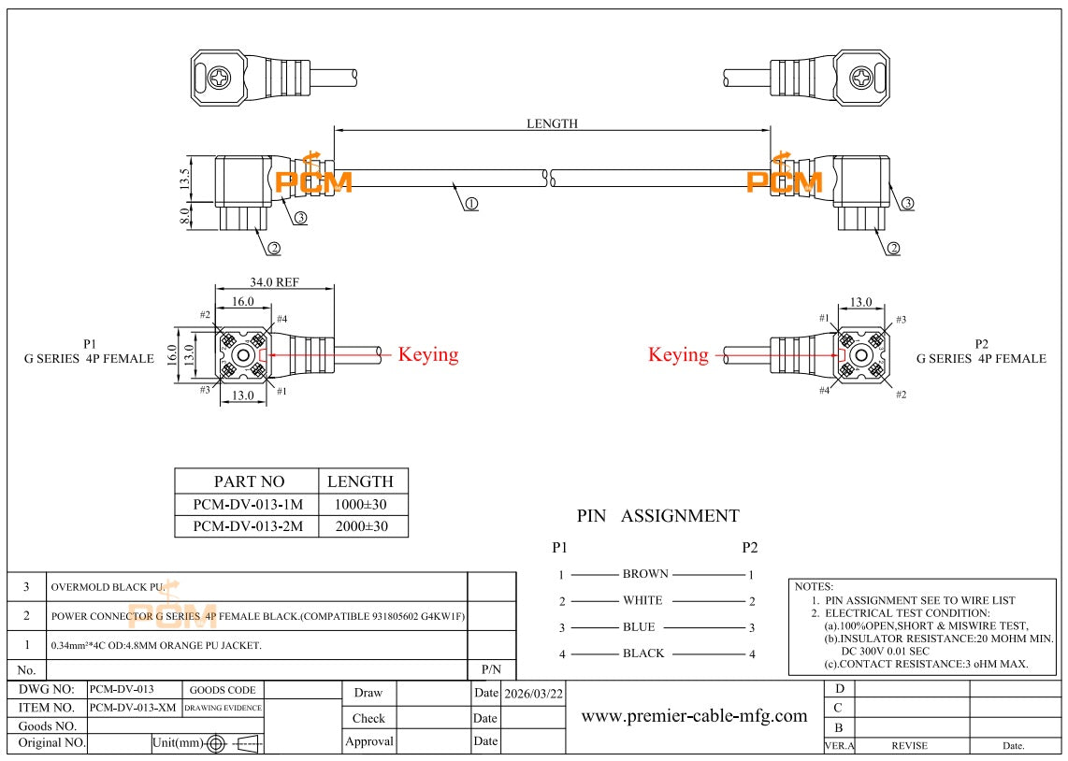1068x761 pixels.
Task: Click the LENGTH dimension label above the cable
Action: (552, 123)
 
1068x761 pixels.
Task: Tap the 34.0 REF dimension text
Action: (274, 281)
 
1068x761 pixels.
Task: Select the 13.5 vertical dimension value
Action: (184, 179)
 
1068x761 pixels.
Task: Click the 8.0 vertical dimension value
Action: (184, 216)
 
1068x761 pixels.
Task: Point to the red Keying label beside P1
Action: (427, 354)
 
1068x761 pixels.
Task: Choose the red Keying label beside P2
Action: (678, 354)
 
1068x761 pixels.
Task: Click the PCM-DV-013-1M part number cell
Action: (248, 505)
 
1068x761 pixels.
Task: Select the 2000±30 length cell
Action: (361, 526)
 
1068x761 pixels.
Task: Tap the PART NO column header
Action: (250, 481)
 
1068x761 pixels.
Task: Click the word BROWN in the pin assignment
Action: (645, 574)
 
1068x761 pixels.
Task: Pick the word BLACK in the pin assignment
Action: (643, 653)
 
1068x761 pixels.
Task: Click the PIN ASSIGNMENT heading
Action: (658, 516)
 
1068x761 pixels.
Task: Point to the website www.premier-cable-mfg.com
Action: (694, 716)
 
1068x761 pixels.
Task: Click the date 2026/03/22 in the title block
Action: (533, 694)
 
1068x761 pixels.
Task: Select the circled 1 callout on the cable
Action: (471, 204)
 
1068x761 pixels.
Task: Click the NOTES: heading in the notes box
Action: (814, 586)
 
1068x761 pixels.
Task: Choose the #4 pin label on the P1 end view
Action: (281, 319)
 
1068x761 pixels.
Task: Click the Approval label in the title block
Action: (369, 741)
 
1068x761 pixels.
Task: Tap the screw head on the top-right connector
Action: (861, 78)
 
